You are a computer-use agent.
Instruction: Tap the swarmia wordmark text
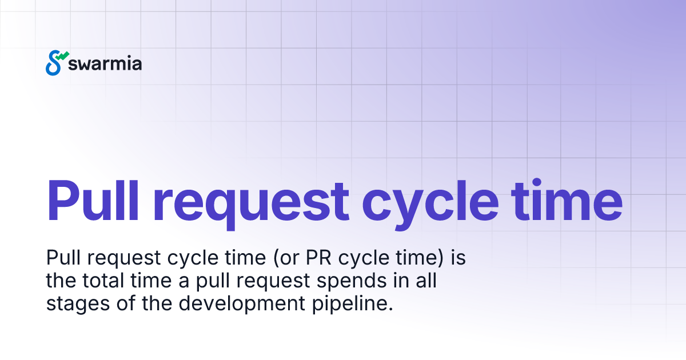coord(105,63)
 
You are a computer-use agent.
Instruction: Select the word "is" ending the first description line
coord(458,258)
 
